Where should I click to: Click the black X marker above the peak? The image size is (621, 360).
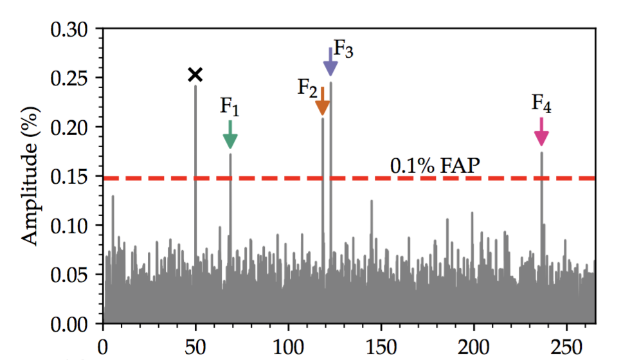195,75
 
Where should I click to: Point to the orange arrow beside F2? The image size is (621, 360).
323,103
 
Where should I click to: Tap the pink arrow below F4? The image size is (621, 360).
541,133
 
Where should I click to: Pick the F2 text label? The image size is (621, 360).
307,87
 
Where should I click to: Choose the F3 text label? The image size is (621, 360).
344,50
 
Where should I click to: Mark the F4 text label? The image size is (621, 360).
541,103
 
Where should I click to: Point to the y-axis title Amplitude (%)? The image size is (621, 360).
29,175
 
